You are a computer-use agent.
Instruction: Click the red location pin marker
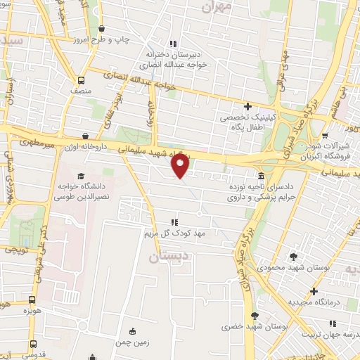tap(181, 166)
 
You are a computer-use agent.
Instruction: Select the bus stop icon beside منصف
tap(82, 80)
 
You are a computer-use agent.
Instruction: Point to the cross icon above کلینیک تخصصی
tap(247, 106)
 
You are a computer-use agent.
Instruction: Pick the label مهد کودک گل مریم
tap(174, 232)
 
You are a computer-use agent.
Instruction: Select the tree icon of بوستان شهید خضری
tap(255, 316)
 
